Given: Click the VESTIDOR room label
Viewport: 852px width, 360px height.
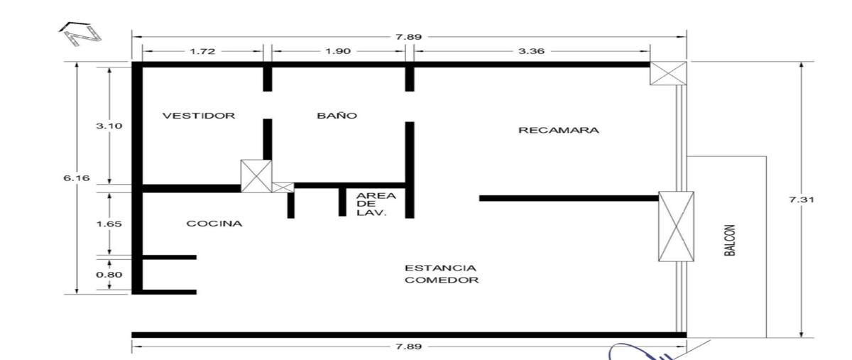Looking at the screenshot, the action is click(x=199, y=116).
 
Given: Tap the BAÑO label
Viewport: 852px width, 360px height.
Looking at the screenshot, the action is click(x=337, y=115).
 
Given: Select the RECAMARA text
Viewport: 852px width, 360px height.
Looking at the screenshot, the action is click(x=559, y=130).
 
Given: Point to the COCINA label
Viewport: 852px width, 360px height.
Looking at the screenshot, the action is click(x=214, y=224).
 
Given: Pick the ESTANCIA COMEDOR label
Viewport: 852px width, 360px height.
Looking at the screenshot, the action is click(x=441, y=274).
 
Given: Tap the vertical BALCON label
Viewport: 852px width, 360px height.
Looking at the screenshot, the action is click(x=730, y=240).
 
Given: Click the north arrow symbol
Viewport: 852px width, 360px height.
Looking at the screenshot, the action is click(x=81, y=33).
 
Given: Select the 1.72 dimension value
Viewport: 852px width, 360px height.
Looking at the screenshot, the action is click(x=202, y=51).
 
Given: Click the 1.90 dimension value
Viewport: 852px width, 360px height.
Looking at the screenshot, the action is click(x=338, y=51).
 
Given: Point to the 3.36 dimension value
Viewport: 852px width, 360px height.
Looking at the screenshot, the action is click(x=531, y=51).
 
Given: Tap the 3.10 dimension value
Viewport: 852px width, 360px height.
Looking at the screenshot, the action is click(x=109, y=126).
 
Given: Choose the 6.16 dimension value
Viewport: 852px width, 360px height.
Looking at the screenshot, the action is click(x=77, y=178).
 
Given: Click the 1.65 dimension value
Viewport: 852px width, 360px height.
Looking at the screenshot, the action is click(x=109, y=224).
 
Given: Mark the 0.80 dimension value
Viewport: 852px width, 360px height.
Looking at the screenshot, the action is click(x=109, y=275).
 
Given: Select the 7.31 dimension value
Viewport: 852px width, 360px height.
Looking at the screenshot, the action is click(x=802, y=200).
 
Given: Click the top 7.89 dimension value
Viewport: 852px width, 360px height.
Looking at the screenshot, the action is click(x=409, y=37).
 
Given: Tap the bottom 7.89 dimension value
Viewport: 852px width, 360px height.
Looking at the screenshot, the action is click(x=409, y=347).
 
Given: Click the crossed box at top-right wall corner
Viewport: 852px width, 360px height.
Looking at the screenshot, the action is click(x=668, y=73).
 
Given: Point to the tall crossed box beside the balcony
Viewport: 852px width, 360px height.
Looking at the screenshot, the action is click(x=676, y=227).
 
